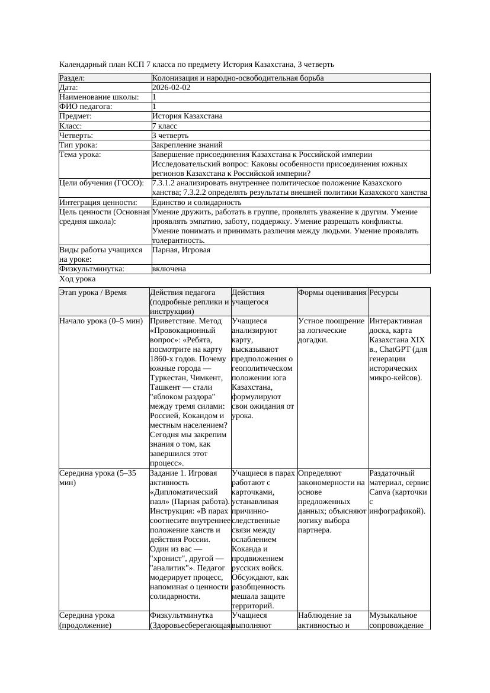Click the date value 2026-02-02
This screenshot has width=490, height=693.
pos(171,87)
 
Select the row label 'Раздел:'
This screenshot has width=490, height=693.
pos(72,78)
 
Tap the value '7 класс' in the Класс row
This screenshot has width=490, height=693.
pos(164,126)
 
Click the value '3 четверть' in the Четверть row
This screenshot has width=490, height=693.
pos(170,135)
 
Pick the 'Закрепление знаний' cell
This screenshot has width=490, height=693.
pos(187,145)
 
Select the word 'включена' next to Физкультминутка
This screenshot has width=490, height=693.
pos(169,269)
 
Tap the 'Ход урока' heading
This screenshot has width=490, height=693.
pos(78,278)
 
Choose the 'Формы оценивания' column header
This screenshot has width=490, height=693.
pos(332,293)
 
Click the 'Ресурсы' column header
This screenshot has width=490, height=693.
pos(383,293)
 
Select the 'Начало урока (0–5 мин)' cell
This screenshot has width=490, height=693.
pos(101,321)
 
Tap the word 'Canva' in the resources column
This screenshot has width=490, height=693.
pos(379,492)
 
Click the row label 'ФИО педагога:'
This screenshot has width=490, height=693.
pos(86,107)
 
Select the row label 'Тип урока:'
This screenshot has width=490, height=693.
pos(78,145)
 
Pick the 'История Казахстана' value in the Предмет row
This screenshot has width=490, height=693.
pos(187,116)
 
